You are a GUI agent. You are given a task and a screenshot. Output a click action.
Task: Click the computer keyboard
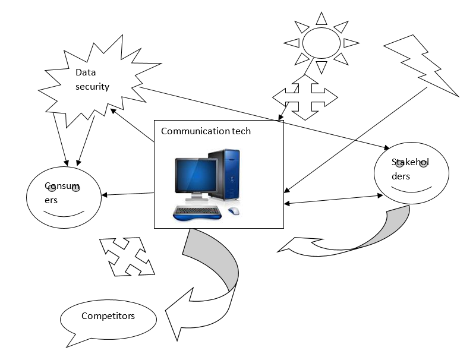click(198, 211)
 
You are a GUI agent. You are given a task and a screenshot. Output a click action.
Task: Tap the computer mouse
click(234, 211)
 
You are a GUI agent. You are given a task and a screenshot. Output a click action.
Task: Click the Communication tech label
click(206, 131)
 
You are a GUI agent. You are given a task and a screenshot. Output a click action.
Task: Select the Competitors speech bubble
click(108, 318)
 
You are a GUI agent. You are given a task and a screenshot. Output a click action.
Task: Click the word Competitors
click(108, 315)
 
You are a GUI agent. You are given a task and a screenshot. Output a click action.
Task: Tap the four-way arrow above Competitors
click(126, 257)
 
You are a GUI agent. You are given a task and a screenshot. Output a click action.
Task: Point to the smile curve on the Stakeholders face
click(411, 190)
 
